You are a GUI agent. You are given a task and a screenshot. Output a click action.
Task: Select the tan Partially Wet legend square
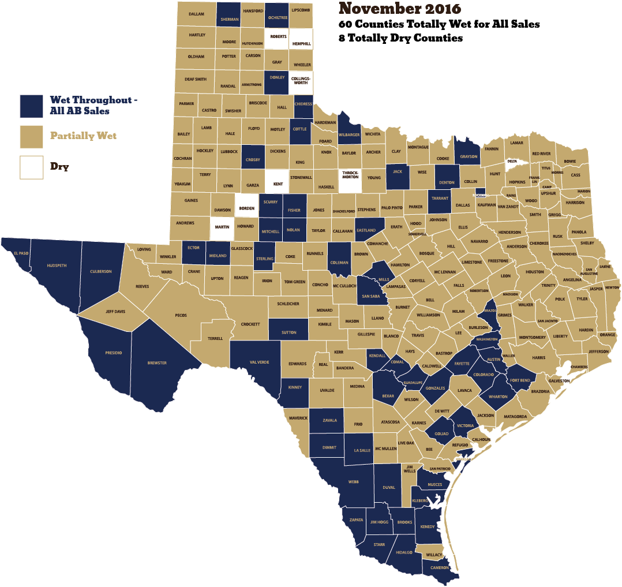pos(32,136)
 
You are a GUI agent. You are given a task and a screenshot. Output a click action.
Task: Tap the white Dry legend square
pos(32,167)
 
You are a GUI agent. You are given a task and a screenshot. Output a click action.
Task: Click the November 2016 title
pos(399,9)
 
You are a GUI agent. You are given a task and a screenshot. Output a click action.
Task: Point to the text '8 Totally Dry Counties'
pos(401,39)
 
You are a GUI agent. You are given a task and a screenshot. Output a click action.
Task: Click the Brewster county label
pos(157,363)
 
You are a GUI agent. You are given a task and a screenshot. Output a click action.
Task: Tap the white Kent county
pos(278,184)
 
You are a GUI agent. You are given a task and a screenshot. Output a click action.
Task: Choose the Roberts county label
pos(278,36)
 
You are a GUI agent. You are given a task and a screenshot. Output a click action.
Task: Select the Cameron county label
pos(440,568)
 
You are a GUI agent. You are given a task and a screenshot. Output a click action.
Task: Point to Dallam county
pos(196,13)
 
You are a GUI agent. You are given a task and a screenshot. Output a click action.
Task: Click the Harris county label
pos(538,358)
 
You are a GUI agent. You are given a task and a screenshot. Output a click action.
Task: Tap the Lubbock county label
pos(228,151)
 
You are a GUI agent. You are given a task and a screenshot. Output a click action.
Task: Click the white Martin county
pos(222,227)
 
